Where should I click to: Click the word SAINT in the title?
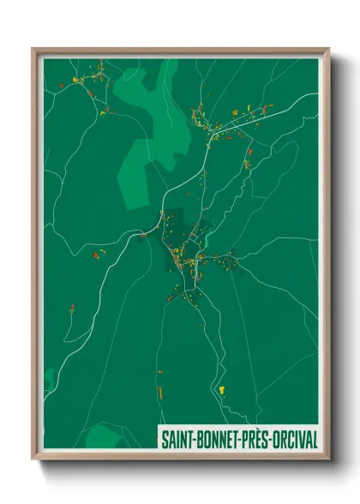coord(175,440)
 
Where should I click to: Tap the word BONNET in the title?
coord(215,440)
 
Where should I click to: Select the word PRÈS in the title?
coord(255,440)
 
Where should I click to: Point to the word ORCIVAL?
coord(295,440)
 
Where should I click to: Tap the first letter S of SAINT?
coord(163,440)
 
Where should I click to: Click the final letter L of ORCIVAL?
coord(315,440)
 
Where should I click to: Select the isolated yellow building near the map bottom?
coord(224,390)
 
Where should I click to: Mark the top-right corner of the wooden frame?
coord(328,50)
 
